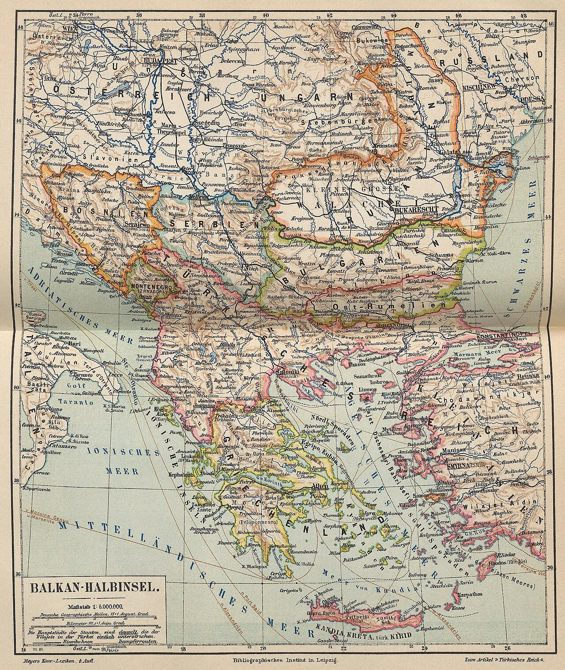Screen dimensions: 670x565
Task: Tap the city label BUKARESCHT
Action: click(415, 211)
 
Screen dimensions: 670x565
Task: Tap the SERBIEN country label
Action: click(187, 224)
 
